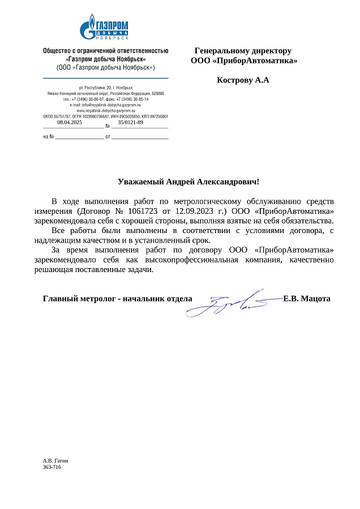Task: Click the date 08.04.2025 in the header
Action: tap(70, 122)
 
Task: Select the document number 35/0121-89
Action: tap(130, 122)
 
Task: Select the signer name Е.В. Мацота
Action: tap(306, 298)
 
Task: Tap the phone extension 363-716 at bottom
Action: tap(52, 467)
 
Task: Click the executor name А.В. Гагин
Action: tap(55, 461)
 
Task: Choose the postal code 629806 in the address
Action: tap(157, 93)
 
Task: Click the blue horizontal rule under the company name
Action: tap(105, 77)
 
